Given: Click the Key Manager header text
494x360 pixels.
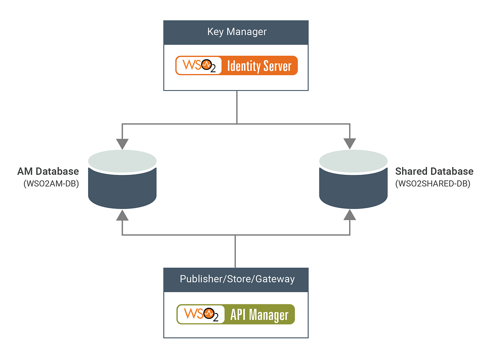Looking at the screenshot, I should pyautogui.click(x=237, y=32).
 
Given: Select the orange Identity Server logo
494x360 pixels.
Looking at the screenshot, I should pyautogui.click(x=236, y=65).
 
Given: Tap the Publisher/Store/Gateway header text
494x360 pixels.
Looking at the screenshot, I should pyautogui.click(x=237, y=279).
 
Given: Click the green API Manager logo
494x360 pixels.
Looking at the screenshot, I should pyautogui.click(x=236, y=315).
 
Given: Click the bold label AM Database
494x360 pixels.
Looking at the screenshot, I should pyautogui.click(x=48, y=171).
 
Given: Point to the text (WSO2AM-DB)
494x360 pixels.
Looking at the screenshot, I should pyautogui.click(x=51, y=184).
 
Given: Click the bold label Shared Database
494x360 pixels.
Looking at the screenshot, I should pyautogui.click(x=434, y=171).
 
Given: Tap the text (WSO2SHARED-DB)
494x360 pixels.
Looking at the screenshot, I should pyautogui.click(x=432, y=184).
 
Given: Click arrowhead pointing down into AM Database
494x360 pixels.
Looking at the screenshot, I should pyautogui.click(x=122, y=144).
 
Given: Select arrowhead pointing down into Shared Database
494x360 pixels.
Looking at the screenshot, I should pyautogui.click(x=350, y=144).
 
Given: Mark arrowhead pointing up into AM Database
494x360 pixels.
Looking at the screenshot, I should pyautogui.click(x=122, y=215).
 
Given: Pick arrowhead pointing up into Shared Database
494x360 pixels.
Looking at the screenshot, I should pyautogui.click(x=350, y=215).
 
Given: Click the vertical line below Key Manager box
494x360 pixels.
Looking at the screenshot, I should pyautogui.click(x=237, y=106).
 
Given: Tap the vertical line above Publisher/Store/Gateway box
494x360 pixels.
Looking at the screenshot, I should pyautogui.click(x=235, y=251).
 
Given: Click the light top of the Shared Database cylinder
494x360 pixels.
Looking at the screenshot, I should pyautogui.click(x=354, y=161).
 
